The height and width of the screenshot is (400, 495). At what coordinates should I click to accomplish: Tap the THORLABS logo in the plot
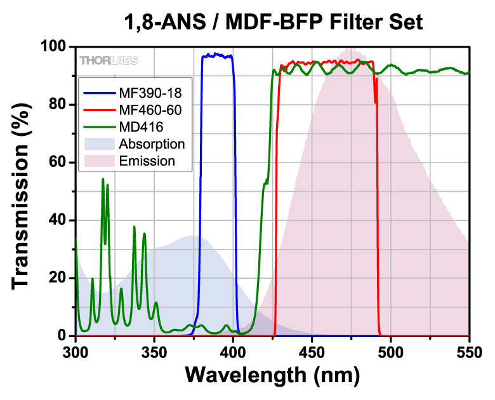(109, 60)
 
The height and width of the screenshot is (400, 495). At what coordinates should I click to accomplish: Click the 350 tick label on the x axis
(154, 350)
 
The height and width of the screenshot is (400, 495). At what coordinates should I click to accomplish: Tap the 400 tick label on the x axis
(233, 350)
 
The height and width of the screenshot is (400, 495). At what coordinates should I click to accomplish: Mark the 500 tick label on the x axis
(391, 350)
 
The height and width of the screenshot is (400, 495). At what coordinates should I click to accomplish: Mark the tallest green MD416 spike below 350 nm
(103, 180)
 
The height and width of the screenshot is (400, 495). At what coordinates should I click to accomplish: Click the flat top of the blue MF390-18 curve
(217, 56)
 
